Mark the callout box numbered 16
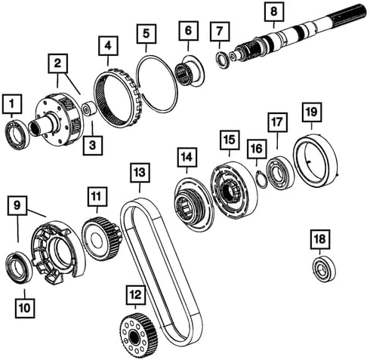coord(256,149)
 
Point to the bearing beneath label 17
coord(281,174)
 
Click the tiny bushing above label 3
coord(89,109)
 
